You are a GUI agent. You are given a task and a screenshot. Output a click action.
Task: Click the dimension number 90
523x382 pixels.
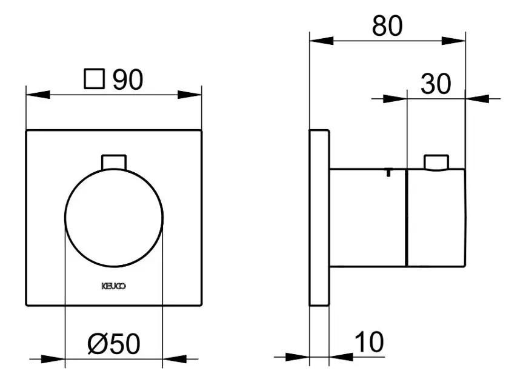pyautogui.click(x=128, y=80)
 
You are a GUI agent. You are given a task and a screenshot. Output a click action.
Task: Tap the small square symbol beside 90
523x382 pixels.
pyautogui.click(x=95, y=79)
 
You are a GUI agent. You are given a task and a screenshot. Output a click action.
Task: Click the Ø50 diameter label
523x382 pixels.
pyautogui.click(x=114, y=344)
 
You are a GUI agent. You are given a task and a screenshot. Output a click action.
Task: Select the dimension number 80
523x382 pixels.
pyautogui.click(x=387, y=25)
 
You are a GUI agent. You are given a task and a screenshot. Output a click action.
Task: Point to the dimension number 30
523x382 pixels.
pyautogui.click(x=436, y=84)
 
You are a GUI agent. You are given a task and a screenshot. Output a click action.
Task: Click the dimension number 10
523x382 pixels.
pyautogui.click(x=369, y=341)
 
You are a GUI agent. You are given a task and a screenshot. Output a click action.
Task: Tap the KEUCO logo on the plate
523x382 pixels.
pyautogui.click(x=114, y=286)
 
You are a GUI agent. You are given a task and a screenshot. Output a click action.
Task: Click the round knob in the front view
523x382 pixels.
pyautogui.click(x=114, y=218)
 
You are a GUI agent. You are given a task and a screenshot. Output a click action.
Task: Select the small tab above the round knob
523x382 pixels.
pyautogui.click(x=114, y=163)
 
